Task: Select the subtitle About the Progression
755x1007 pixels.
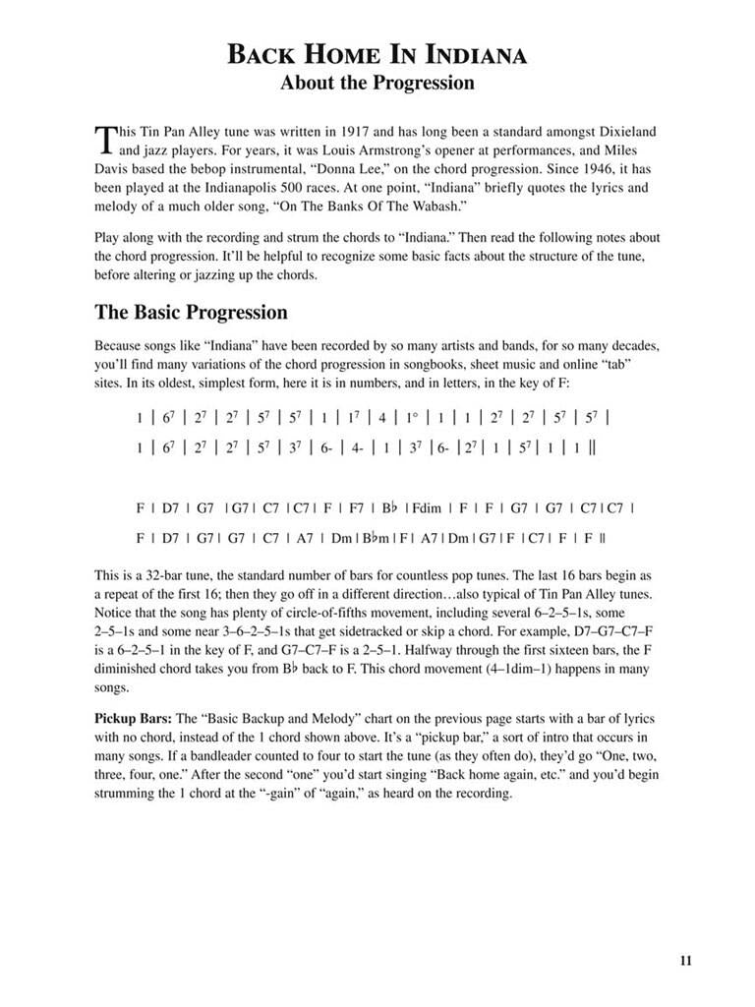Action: [377, 84]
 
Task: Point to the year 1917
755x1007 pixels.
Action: [359, 131]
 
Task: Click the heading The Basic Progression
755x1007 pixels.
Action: [191, 313]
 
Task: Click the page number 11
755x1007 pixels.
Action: [685, 961]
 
